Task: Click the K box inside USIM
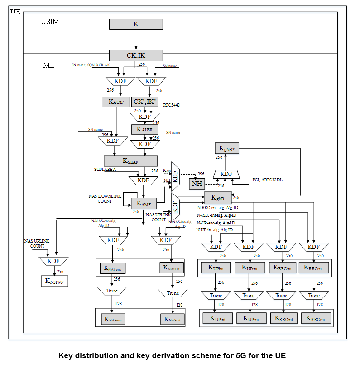(136, 24)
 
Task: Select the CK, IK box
(136, 56)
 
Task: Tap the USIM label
(50, 22)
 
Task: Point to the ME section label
(48, 65)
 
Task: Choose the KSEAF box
(130, 161)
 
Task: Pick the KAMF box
(144, 203)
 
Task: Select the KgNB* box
(226, 148)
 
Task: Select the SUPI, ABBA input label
(106, 169)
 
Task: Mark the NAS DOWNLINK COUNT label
(105, 198)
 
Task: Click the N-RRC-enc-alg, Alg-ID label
(217, 208)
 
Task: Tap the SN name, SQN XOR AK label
(91, 65)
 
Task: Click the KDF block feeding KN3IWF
(53, 261)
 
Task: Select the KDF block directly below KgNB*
(226, 174)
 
